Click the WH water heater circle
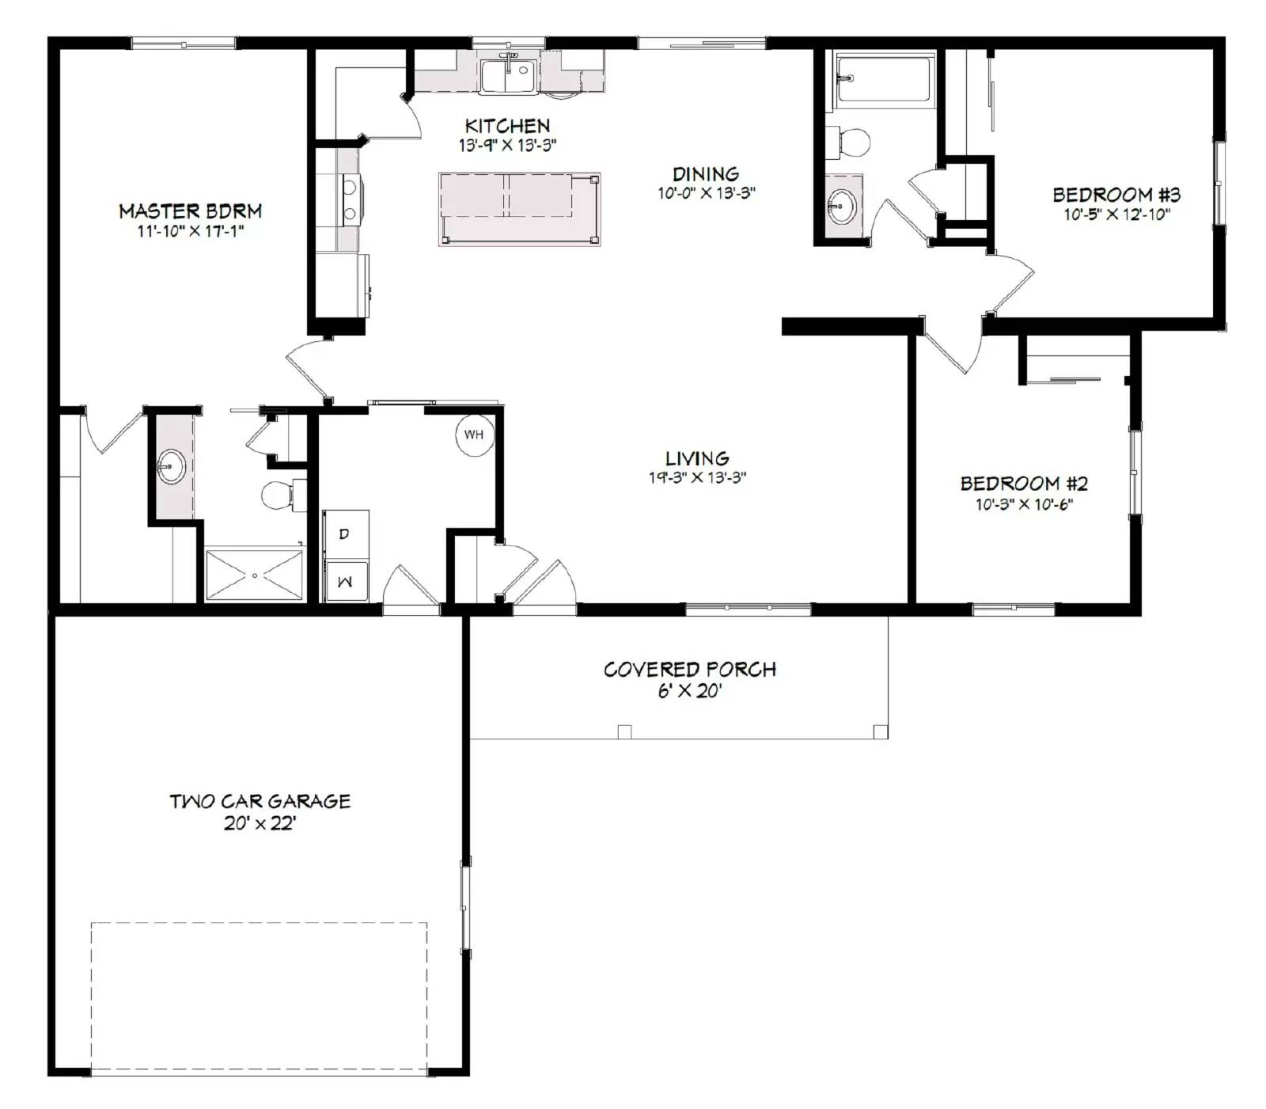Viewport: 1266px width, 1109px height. [x=473, y=434]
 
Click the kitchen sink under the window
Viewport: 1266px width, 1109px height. [x=508, y=76]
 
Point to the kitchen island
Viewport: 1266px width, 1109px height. [x=519, y=209]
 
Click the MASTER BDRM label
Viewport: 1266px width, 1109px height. [x=190, y=211]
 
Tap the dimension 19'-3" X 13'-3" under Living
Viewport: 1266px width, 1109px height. [x=697, y=477]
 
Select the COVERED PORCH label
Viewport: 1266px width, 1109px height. [x=689, y=670]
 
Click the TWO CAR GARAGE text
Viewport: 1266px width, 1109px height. [x=260, y=801]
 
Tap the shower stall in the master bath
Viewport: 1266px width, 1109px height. [x=254, y=575]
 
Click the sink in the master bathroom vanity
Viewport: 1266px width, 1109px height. [x=171, y=466]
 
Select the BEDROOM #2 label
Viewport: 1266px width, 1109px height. [x=1024, y=483]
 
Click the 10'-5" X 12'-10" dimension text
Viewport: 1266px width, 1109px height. [x=1116, y=215]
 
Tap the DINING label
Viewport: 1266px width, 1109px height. [x=705, y=173]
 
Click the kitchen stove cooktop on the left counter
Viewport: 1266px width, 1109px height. [x=349, y=198]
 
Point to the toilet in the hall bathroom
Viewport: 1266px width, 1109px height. [x=850, y=142]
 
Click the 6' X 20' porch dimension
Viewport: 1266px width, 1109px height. [x=689, y=691]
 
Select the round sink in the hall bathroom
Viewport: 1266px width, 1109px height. [x=841, y=207]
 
